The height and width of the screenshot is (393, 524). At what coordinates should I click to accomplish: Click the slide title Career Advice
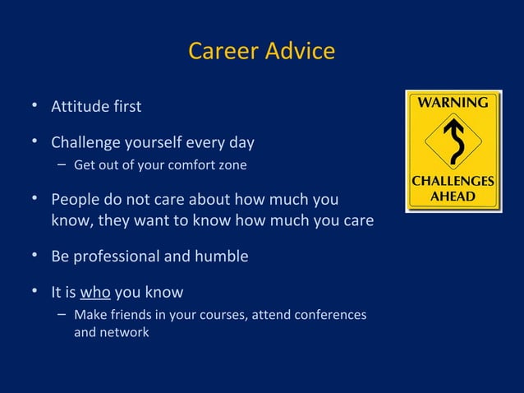coord(261,51)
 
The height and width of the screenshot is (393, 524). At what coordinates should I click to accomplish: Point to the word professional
coord(118,257)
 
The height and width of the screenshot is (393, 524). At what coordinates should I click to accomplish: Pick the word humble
coord(221,257)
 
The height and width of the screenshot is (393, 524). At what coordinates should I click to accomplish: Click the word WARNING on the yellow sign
coord(453,104)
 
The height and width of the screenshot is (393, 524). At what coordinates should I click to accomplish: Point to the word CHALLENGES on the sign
coord(453,183)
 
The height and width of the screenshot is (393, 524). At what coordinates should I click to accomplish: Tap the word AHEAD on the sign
coord(453,198)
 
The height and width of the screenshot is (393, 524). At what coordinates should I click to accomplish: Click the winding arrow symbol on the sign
coord(453,143)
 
